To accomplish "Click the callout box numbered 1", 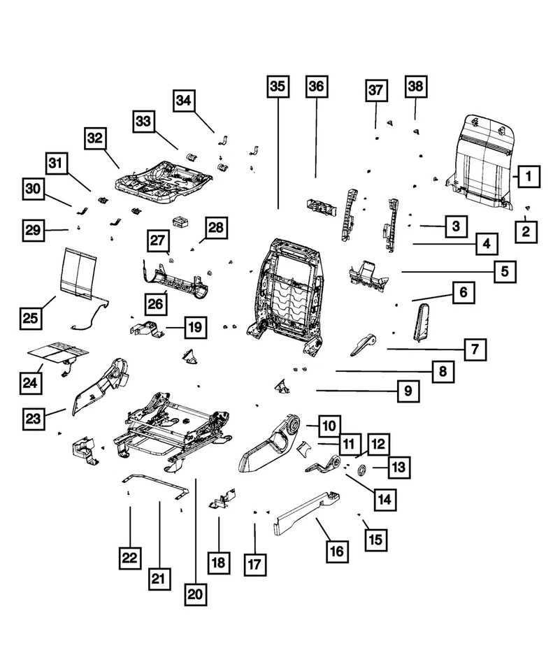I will pyautogui.click(x=529, y=178).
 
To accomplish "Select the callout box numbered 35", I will pyautogui.click(x=278, y=87).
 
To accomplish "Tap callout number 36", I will pyautogui.click(x=316, y=87).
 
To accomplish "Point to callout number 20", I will pyautogui.click(x=195, y=594).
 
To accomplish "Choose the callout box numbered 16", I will pyautogui.click(x=336, y=551).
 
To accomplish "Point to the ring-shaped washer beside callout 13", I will pyautogui.click(x=363, y=468).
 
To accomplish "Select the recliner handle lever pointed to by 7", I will pyautogui.click(x=363, y=343).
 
